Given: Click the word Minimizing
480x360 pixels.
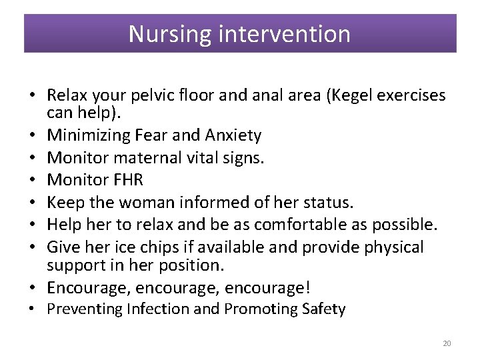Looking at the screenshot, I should (x=88, y=136).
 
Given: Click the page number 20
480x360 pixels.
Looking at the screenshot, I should (x=447, y=343).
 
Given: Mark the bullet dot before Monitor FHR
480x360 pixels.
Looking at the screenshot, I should (x=33, y=181).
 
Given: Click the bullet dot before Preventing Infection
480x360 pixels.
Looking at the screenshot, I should (x=33, y=309).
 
